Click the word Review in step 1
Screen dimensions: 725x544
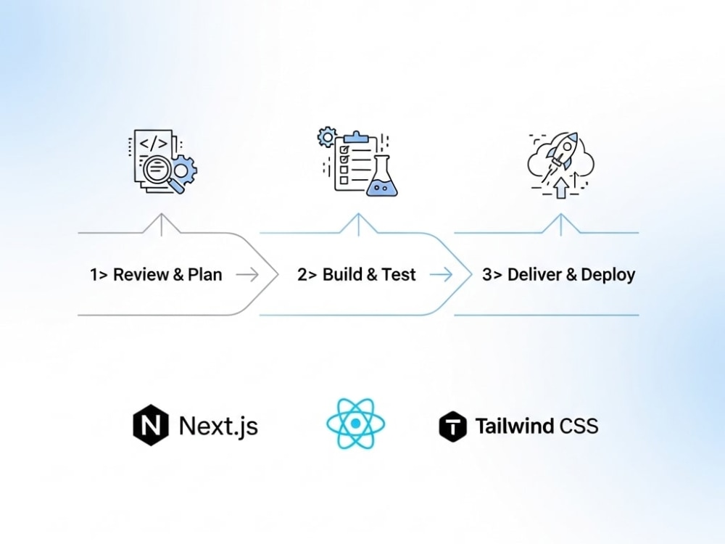click(x=141, y=275)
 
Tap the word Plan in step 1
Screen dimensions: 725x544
click(x=205, y=275)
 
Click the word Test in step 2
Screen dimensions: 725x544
click(x=399, y=275)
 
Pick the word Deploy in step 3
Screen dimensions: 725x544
click(x=608, y=276)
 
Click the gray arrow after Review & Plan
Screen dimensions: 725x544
click(x=247, y=275)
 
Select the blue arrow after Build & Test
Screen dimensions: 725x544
click(x=441, y=275)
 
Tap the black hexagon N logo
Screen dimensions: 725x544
click(x=151, y=424)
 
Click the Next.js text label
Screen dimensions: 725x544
click(x=218, y=426)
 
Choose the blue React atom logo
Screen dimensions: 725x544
click(x=355, y=424)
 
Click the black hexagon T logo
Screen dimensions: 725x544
click(x=452, y=426)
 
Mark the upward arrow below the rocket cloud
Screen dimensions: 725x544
click(x=561, y=188)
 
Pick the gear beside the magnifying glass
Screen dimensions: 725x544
click(x=183, y=170)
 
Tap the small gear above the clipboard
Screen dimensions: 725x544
click(x=328, y=137)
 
